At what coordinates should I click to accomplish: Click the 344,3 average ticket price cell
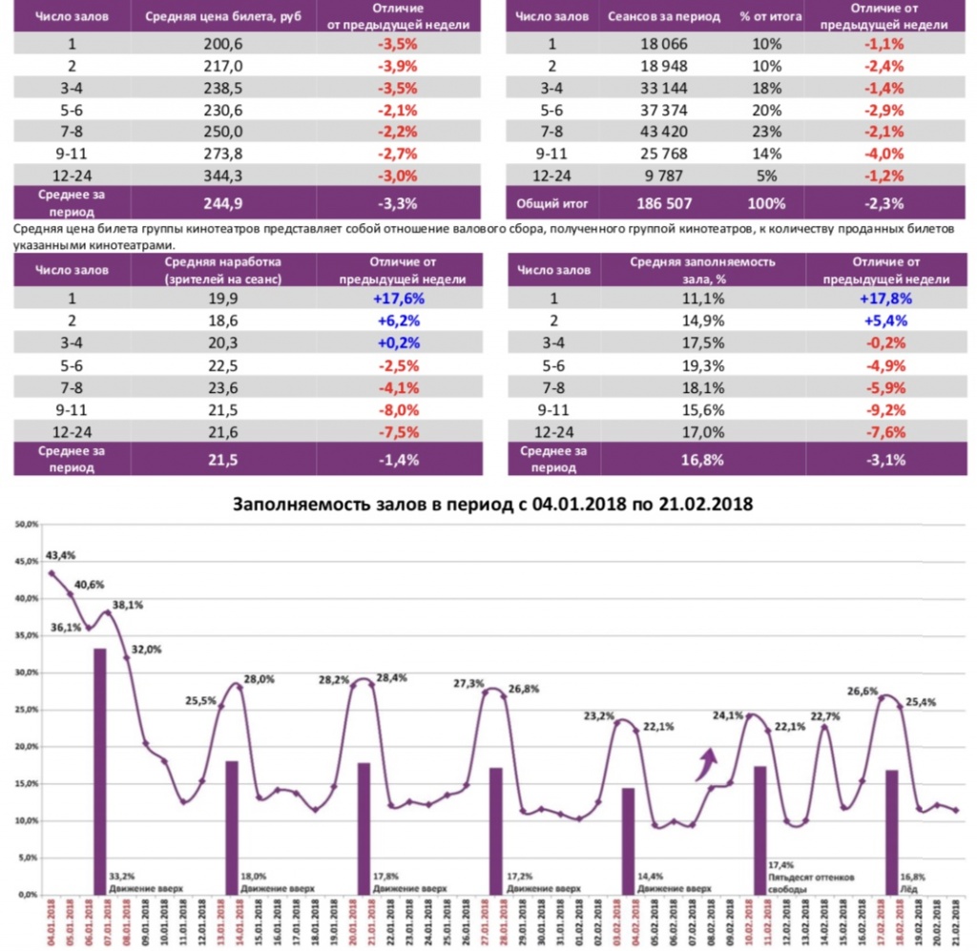click(223, 175)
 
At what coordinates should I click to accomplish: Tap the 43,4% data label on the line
click(61, 555)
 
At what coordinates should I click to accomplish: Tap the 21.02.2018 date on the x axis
click(956, 922)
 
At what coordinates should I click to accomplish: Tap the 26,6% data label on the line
click(863, 692)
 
